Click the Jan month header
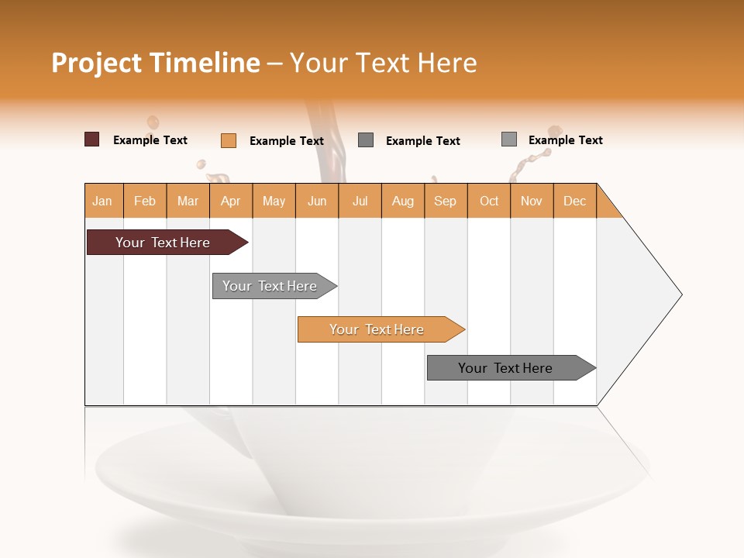pyautogui.click(x=103, y=201)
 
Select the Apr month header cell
pyautogui.click(x=231, y=201)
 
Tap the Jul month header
pyautogui.click(x=360, y=201)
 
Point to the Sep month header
pyautogui.click(x=446, y=201)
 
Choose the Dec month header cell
pyautogui.click(x=574, y=201)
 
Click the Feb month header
pyautogui.click(x=145, y=201)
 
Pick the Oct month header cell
pyautogui.click(x=489, y=201)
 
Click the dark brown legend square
pyautogui.click(x=91, y=139)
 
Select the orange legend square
pyautogui.click(x=229, y=140)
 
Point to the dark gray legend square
pyautogui.click(x=366, y=140)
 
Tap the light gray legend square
pyautogui.click(x=509, y=139)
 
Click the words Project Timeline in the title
pyautogui.click(x=155, y=63)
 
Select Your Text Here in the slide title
pyautogui.click(x=383, y=63)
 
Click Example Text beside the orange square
pyautogui.click(x=286, y=141)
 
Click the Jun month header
pyautogui.click(x=317, y=201)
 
